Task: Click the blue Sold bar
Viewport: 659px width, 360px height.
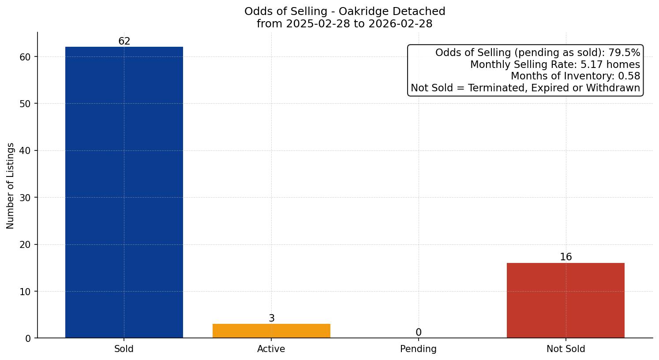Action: coord(124,192)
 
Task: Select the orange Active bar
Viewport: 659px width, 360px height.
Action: coord(271,331)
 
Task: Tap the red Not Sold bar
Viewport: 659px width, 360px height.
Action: coord(565,300)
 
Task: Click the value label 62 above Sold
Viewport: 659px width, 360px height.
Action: coord(124,41)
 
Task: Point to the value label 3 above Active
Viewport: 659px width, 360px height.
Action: coord(272,319)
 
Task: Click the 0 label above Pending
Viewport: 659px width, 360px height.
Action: coord(418,333)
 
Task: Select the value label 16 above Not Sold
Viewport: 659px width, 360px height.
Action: coord(565,257)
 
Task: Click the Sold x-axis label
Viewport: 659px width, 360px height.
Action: coord(124,349)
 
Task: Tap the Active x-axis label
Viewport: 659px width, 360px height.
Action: coord(271,349)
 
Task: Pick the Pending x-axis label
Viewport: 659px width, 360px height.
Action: coord(418,349)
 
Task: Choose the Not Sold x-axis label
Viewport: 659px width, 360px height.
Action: coord(565,349)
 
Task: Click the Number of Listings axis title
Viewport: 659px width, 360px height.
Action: coord(11,186)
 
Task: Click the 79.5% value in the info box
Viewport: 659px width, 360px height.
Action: coord(624,53)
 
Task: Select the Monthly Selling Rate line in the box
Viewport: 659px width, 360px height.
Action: coord(555,65)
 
